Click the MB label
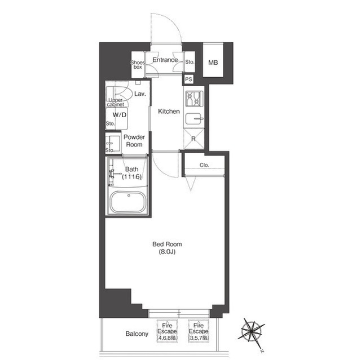pyautogui.click(x=213, y=63)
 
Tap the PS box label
pyautogui.click(x=188, y=79)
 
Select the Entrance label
pyautogui.click(x=165, y=60)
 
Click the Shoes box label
pyautogui.click(x=138, y=65)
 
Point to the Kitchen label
pyautogui.click(x=169, y=112)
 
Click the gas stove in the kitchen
pyautogui.click(x=194, y=99)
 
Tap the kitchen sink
pyautogui.click(x=194, y=119)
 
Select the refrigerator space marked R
pyautogui.click(x=193, y=139)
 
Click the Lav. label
pyautogui.click(x=140, y=94)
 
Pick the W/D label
pyautogui.click(x=120, y=115)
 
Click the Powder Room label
pyautogui.click(x=134, y=141)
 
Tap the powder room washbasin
pyautogui.click(x=113, y=144)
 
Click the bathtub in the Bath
pyautogui.click(x=128, y=202)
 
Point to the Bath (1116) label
pyautogui.click(x=131, y=173)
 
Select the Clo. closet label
pyautogui.click(x=204, y=165)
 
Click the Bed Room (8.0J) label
pyautogui.click(x=167, y=248)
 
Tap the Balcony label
pyautogui.click(x=137, y=334)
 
